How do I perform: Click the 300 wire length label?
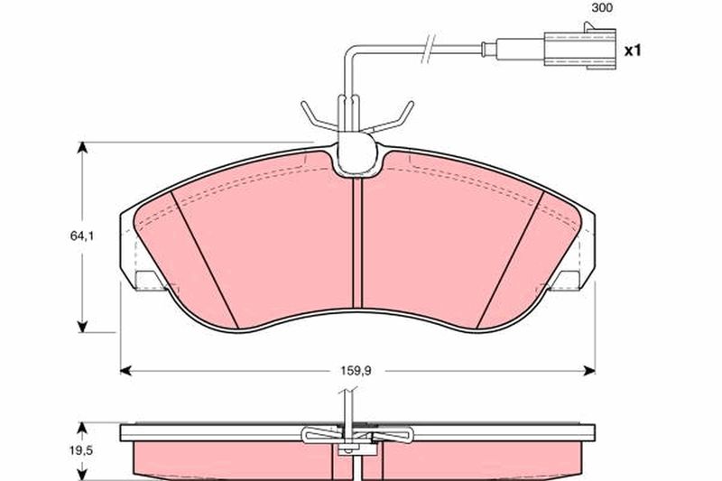click(x=602, y=8)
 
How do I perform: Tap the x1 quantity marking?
click(x=633, y=51)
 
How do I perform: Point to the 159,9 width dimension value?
click(x=356, y=370)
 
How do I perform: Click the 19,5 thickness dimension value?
click(x=81, y=449)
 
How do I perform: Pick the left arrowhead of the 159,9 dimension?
click(x=125, y=370)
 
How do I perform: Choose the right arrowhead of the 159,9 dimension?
click(x=589, y=370)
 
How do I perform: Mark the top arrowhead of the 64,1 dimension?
click(x=82, y=148)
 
